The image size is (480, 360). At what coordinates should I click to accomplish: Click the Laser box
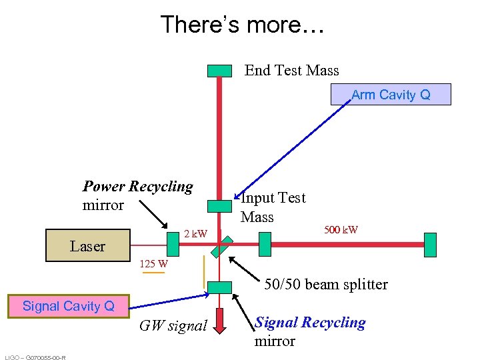(x=87, y=245)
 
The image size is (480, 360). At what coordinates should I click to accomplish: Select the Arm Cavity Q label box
(x=391, y=95)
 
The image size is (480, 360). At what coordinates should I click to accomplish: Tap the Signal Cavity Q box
(x=68, y=307)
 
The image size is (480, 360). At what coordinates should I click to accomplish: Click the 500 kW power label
(x=341, y=230)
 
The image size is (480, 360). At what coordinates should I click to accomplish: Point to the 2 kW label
(x=195, y=234)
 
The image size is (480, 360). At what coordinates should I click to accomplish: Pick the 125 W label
(x=153, y=264)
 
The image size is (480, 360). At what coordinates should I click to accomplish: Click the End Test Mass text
(x=291, y=71)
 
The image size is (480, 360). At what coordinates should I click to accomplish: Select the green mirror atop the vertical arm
(x=219, y=71)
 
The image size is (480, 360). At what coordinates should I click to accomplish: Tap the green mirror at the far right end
(x=430, y=245)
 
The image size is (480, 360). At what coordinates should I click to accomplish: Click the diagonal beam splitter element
(x=220, y=245)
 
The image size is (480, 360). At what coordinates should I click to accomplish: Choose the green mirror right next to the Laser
(x=173, y=245)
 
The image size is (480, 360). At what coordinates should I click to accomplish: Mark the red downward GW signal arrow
(x=220, y=321)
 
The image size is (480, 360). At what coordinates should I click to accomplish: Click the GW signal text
(x=173, y=326)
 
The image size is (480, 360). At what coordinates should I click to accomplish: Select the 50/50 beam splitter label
(x=325, y=285)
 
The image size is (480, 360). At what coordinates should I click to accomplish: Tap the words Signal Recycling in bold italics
(x=311, y=323)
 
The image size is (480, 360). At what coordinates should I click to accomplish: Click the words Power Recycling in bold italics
(x=137, y=187)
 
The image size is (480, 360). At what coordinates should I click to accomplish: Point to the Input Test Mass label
(x=273, y=207)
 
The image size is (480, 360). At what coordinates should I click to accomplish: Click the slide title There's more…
(x=242, y=25)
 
